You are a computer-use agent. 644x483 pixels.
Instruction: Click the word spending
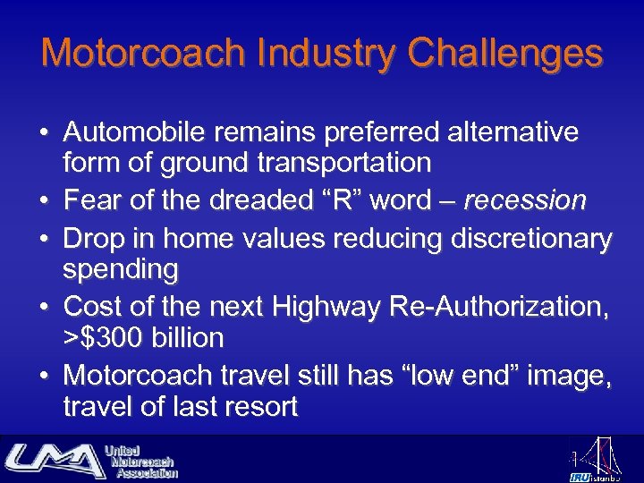(x=121, y=268)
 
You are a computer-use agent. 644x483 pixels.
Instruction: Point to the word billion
(x=188, y=338)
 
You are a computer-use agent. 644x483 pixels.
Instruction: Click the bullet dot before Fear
(x=43, y=200)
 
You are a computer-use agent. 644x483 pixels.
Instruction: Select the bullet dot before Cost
(x=43, y=308)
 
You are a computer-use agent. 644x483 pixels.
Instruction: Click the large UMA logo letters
(x=54, y=460)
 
